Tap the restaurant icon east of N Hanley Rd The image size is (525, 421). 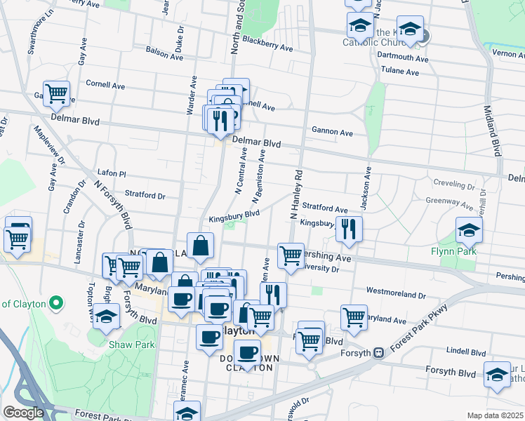tap(348, 228)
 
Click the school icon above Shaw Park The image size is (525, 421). tap(106, 317)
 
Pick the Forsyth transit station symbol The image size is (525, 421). tap(378, 353)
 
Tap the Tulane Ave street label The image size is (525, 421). tap(400, 70)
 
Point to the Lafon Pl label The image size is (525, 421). tap(111, 172)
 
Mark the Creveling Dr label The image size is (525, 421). tap(453, 185)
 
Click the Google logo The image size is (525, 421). tap(23, 413)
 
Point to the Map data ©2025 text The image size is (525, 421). tap(495, 415)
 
